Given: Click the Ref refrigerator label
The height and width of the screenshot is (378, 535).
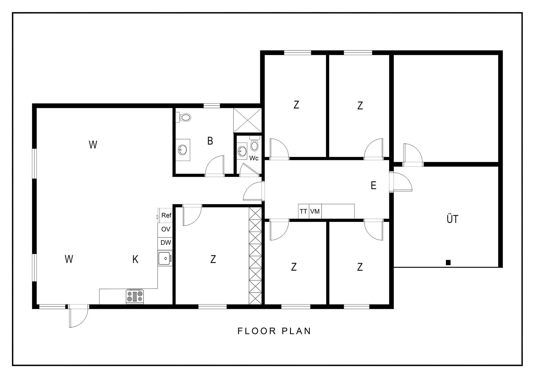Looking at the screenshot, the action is click(166, 215).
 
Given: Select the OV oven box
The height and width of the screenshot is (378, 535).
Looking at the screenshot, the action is click(166, 229).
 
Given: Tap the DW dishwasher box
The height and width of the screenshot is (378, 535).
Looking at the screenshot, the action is click(166, 242).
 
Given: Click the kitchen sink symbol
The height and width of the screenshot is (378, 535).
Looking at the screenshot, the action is click(165, 258).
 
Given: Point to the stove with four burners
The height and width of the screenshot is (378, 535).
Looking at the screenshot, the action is click(135, 297).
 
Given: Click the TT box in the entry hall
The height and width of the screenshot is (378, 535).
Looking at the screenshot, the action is click(303, 212).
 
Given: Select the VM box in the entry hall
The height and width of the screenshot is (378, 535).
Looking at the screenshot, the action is click(315, 212).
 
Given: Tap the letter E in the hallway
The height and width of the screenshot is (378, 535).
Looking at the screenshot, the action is click(373, 185).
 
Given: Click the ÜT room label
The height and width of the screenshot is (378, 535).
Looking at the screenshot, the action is click(452, 219).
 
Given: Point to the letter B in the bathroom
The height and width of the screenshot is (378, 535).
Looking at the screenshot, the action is click(210, 141).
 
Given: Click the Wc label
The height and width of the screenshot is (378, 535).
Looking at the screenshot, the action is click(254, 158).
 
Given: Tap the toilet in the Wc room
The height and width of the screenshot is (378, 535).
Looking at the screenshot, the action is click(254, 143).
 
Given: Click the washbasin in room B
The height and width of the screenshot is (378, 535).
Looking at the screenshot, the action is click(183, 150).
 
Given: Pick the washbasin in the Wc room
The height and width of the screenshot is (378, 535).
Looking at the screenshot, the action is click(242, 151).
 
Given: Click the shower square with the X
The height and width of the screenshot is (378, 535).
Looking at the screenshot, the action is click(247, 120).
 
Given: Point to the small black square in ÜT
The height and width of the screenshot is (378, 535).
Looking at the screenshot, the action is click(448, 262).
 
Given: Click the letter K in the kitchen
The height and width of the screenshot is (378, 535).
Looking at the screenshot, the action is click(135, 259).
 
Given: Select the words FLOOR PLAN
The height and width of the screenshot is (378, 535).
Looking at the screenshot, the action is click(274, 331).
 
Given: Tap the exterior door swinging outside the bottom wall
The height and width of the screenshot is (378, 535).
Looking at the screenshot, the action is click(79, 316).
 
